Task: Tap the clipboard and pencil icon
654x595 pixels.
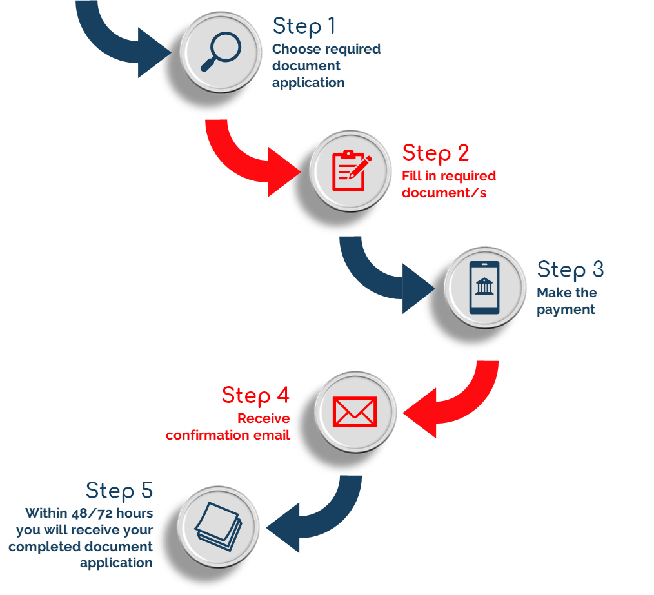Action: pyautogui.click(x=351, y=171)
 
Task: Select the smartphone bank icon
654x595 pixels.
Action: pyautogui.click(x=485, y=287)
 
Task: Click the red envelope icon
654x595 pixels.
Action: pyautogui.click(x=355, y=411)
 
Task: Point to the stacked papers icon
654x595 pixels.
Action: pyautogui.click(x=218, y=526)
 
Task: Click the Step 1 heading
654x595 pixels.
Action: pyautogui.click(x=304, y=26)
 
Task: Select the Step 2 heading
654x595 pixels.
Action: pyautogui.click(x=436, y=153)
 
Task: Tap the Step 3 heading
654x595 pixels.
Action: pyautogui.click(x=571, y=269)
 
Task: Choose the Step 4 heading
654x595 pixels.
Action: pyautogui.click(x=256, y=395)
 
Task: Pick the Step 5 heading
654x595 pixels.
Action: pyautogui.click(x=119, y=491)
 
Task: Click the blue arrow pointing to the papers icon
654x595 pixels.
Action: pyautogui.click(x=316, y=516)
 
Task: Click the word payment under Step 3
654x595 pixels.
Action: pyautogui.click(x=566, y=309)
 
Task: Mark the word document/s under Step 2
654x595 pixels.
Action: pyautogui.click(x=445, y=193)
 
